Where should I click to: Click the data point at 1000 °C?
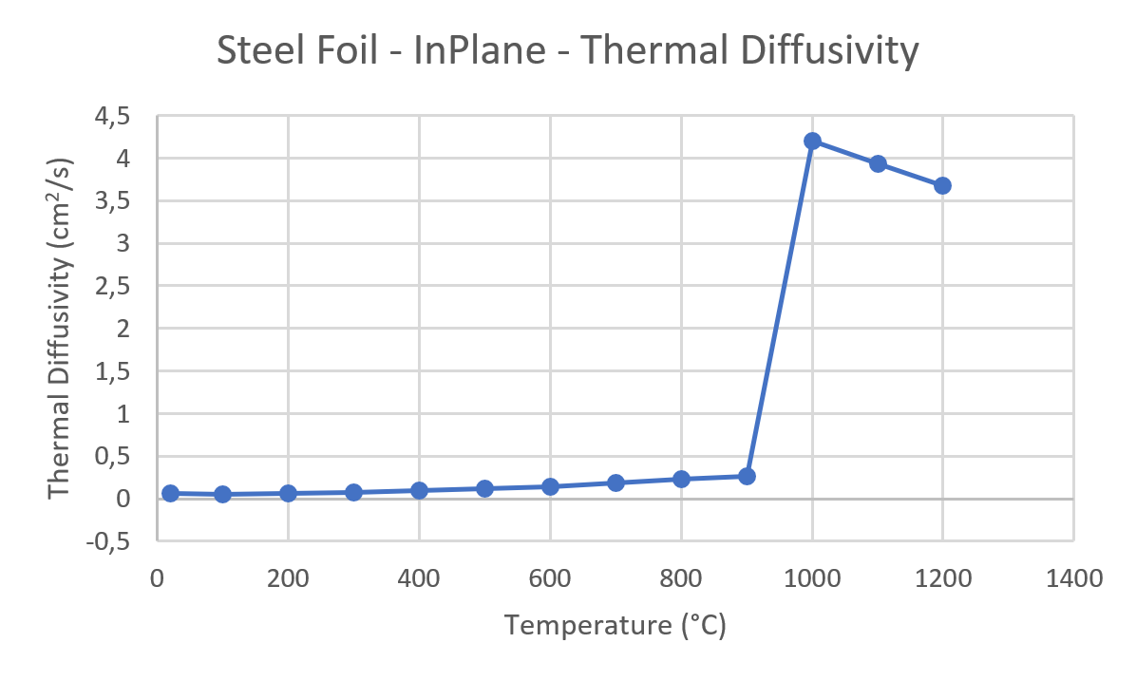(812, 141)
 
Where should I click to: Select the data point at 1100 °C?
(878, 163)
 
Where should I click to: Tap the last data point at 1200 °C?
(942, 185)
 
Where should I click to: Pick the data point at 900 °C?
(747, 476)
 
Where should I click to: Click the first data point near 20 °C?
(170, 493)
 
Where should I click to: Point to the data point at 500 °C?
(484, 488)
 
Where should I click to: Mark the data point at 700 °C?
(615, 482)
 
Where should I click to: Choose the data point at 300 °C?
(353, 492)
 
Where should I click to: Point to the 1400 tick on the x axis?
(1073, 577)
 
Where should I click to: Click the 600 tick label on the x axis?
(550, 577)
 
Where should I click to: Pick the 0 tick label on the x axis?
(158, 577)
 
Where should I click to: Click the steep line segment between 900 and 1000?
(779, 309)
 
